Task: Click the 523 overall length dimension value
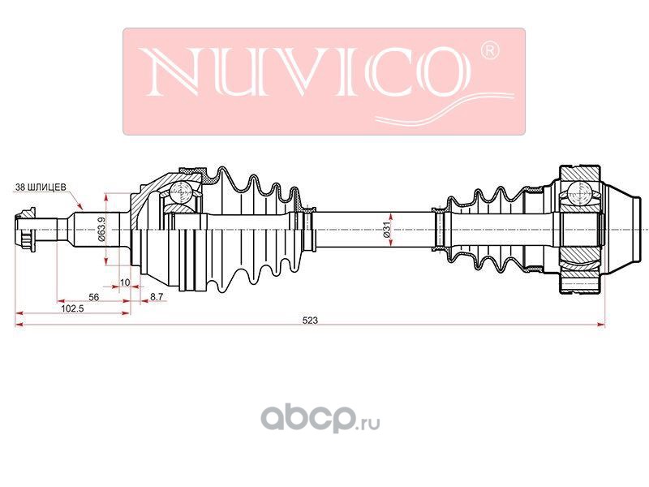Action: pos(310,320)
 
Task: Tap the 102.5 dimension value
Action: pos(72,308)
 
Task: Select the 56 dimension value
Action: pos(94,297)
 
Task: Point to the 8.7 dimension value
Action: pos(157,296)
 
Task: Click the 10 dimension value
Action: pos(125,282)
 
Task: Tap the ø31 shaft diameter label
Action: pos(387,230)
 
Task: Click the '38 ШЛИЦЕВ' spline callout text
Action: pos(41,187)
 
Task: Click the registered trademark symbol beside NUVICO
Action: pos(490,50)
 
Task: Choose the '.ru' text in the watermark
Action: pos(368,424)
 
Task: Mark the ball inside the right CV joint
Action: pos(578,192)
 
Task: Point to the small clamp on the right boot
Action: pos(439,229)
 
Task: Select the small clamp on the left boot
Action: pos(307,229)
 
